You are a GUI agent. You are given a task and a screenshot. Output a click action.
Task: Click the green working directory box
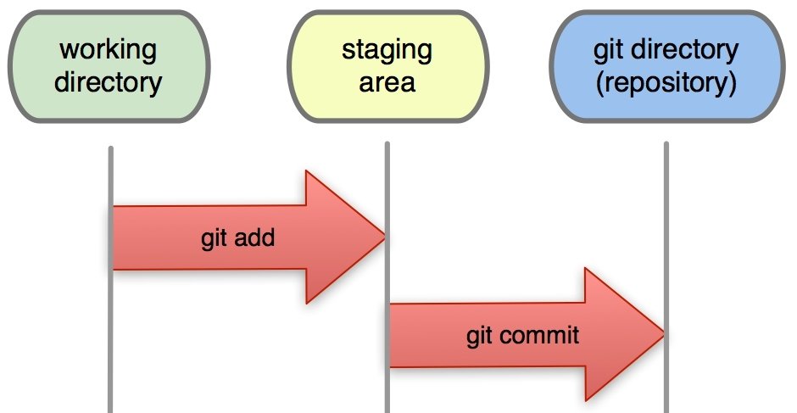click(x=109, y=65)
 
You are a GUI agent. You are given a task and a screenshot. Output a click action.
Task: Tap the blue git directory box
click(x=665, y=65)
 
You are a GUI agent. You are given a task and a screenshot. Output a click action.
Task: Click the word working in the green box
click(x=109, y=49)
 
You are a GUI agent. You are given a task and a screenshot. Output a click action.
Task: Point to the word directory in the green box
click(x=109, y=82)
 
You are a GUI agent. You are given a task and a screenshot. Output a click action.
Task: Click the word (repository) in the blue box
click(x=666, y=84)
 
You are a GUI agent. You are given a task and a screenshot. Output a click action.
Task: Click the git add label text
click(x=238, y=238)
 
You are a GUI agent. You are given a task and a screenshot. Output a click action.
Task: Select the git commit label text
click(x=522, y=335)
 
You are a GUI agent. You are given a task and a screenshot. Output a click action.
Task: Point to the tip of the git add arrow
click(x=384, y=237)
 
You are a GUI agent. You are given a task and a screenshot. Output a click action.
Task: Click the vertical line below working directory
click(x=111, y=356)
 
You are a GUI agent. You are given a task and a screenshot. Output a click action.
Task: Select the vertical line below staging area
click(x=387, y=170)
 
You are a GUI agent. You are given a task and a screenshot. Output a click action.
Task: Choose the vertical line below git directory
click(x=666, y=212)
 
